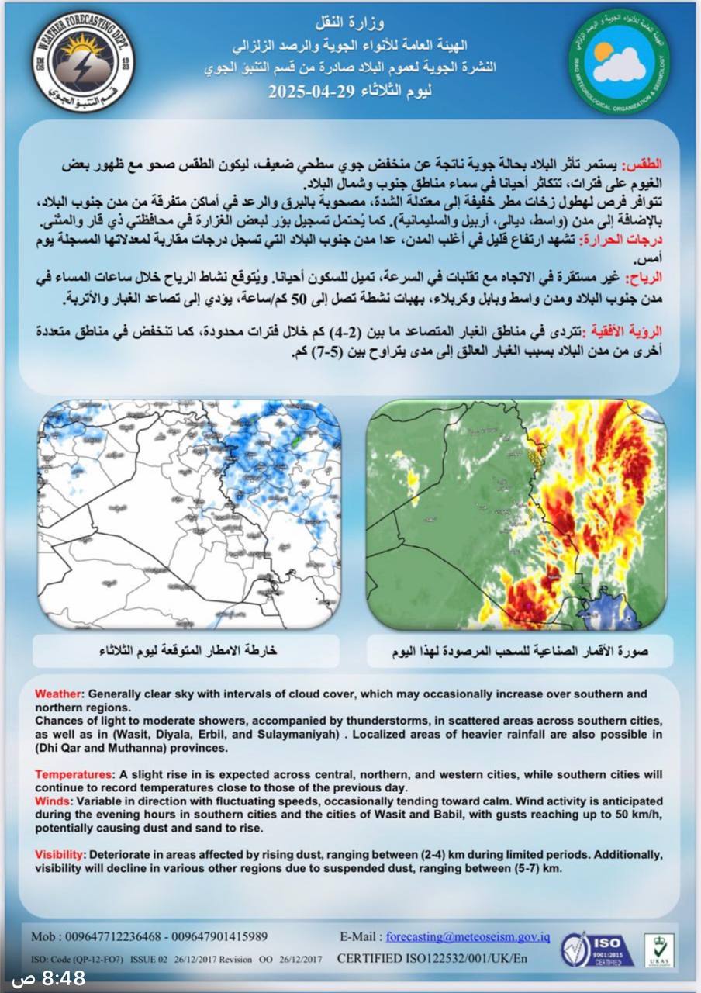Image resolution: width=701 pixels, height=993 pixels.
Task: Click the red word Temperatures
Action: point(72,775)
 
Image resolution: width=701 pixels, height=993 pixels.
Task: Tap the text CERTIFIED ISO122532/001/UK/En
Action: point(432,959)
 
